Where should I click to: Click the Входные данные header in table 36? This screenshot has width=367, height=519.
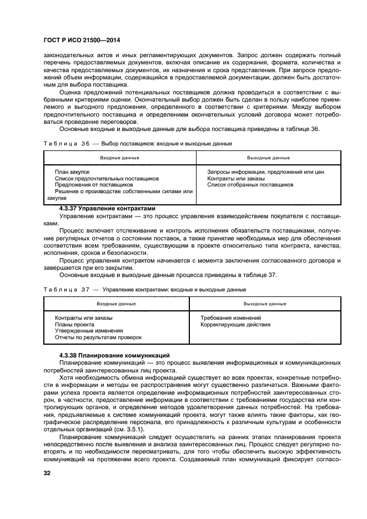[x=119, y=158]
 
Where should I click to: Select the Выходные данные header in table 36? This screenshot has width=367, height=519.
[x=268, y=158]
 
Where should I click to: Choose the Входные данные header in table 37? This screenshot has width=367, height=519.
[x=116, y=304]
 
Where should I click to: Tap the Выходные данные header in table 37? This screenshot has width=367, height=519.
[x=265, y=304]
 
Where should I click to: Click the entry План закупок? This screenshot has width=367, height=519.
[x=72, y=172]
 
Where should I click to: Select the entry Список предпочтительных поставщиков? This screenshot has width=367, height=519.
[x=107, y=178]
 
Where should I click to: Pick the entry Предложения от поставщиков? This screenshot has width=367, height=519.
[x=89, y=185]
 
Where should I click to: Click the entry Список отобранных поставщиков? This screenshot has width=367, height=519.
[x=250, y=185]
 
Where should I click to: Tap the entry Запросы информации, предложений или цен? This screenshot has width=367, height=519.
[x=265, y=172]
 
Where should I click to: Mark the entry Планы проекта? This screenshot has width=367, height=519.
[x=74, y=325]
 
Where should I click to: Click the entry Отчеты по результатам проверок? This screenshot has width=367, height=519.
[x=98, y=337]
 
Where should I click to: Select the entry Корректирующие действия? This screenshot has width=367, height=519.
[x=235, y=325]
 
